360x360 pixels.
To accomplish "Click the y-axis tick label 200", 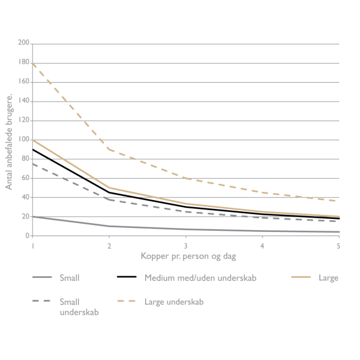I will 24,43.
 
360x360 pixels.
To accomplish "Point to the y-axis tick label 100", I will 24,140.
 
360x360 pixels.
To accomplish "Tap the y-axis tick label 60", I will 26,178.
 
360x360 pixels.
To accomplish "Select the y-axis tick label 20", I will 26,217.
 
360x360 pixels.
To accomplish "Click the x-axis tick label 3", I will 186,245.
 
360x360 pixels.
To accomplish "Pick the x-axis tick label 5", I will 339,245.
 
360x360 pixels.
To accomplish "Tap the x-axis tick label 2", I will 109,245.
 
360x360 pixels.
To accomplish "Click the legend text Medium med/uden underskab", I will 200,277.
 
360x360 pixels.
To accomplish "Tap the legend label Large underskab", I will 174,301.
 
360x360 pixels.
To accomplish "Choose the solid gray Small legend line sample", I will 43,277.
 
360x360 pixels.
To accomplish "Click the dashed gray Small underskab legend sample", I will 43,301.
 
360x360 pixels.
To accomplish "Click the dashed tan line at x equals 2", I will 109,149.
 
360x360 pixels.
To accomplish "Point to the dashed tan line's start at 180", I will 33,63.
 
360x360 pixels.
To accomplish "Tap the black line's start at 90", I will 33,149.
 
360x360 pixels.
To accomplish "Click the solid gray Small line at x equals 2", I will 109,226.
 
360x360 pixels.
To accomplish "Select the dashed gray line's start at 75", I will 33,163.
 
